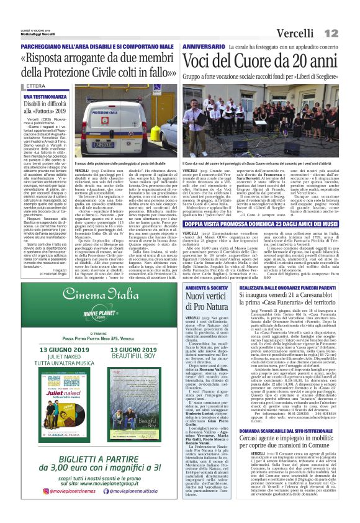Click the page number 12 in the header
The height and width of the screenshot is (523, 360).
click(x=346, y=15)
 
